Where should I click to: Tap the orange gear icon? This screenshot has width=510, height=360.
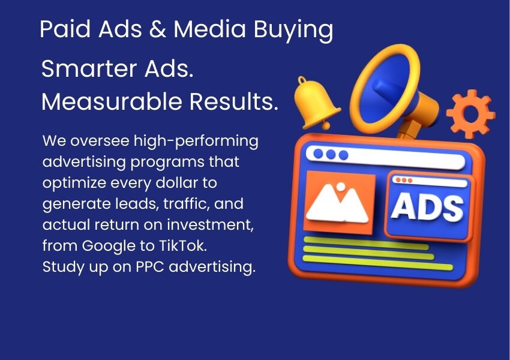pos(471,115)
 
